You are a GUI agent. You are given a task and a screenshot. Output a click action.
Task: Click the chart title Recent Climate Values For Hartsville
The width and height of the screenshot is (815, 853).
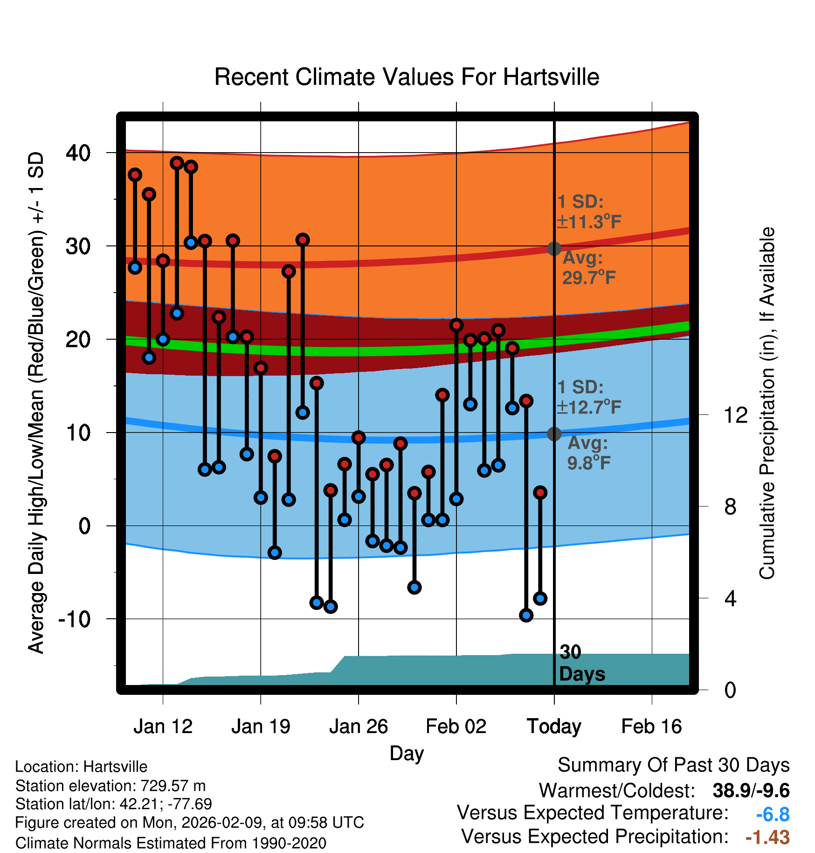tap(407, 77)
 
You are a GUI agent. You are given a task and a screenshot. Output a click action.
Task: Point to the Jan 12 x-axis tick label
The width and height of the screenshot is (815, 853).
tap(163, 727)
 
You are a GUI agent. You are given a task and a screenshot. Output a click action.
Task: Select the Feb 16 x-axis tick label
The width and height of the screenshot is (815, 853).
tap(651, 727)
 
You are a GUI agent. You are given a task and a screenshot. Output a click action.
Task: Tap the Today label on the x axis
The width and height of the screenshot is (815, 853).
tap(554, 727)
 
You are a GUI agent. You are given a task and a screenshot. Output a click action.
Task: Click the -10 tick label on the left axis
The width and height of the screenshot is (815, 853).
tap(74, 619)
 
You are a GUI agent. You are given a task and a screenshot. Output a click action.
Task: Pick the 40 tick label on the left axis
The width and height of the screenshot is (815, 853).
tap(78, 153)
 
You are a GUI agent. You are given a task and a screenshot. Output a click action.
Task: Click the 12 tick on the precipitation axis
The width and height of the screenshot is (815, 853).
tap(735, 415)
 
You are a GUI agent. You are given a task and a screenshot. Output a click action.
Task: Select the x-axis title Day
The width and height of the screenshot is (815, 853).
tap(407, 753)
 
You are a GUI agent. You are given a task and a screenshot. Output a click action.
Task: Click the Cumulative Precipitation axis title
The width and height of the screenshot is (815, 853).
tap(767, 403)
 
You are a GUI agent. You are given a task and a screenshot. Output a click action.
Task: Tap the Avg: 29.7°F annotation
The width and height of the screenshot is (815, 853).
tap(588, 268)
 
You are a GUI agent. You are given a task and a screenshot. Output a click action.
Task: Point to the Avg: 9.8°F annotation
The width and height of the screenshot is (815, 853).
tap(588, 453)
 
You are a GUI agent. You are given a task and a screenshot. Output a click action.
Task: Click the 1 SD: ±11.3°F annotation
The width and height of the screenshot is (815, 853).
tap(588, 212)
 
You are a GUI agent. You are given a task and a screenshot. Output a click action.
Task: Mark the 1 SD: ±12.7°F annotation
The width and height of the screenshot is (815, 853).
tap(588, 397)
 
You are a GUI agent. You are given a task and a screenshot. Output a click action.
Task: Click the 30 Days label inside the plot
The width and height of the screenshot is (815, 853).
tap(581, 663)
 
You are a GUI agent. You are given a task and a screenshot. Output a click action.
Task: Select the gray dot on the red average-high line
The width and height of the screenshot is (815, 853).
tap(554, 248)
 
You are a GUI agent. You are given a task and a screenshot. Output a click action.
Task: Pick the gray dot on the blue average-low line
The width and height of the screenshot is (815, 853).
tap(554, 434)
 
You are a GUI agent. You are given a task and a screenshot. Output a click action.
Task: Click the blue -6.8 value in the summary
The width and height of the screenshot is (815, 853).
tap(773, 814)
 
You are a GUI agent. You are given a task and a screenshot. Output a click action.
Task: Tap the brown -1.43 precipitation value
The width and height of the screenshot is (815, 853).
tap(767, 837)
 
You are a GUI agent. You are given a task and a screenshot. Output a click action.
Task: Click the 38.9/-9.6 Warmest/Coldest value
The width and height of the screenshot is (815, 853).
tap(751, 790)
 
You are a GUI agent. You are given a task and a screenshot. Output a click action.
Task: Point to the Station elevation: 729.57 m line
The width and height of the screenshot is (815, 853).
tap(111, 786)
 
